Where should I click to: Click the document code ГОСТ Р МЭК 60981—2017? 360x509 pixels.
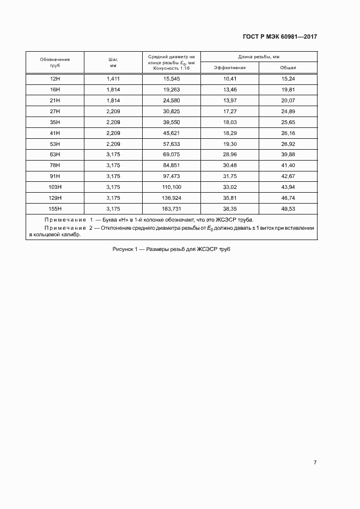tap(279, 37)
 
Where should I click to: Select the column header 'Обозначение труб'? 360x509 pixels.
tap(54, 62)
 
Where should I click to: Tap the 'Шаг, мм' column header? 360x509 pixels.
tap(114, 62)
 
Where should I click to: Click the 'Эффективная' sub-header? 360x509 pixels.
tap(230, 68)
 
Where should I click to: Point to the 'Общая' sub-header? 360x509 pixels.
tap(288, 68)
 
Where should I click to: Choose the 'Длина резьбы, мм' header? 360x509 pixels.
tap(259, 57)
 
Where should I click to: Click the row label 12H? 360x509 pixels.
tap(54, 79)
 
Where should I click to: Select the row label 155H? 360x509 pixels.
tap(54, 208)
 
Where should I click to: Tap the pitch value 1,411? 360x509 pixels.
tap(113, 79)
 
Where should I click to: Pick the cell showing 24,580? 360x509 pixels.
tap(172, 101)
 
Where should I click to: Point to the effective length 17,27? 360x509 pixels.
tap(230, 111)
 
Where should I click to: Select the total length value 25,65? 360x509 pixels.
tap(288, 122)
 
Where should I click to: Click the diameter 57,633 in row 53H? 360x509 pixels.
tap(172, 144)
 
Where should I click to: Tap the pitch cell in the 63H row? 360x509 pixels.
tap(113, 155)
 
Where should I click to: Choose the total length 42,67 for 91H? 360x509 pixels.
tap(288, 176)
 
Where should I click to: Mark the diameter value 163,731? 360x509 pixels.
tap(172, 208)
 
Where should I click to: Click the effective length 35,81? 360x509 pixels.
tap(230, 198)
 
